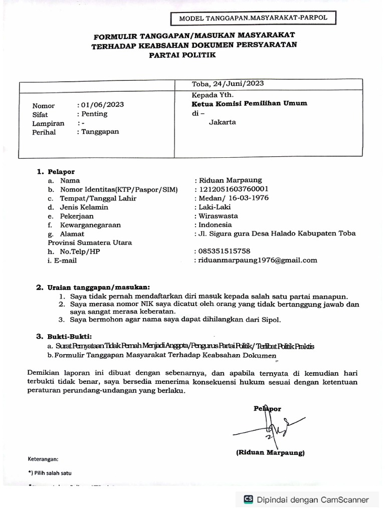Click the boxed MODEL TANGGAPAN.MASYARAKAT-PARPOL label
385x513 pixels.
click(253, 19)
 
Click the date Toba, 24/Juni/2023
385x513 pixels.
click(228, 84)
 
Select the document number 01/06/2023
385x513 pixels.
click(102, 105)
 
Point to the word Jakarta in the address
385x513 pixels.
click(222, 122)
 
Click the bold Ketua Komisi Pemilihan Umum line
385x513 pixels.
click(249, 104)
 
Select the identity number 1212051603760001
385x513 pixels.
click(234, 189)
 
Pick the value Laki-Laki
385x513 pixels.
click(213, 207)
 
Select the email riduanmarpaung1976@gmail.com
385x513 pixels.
click(258, 260)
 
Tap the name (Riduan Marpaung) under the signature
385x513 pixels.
click(270, 452)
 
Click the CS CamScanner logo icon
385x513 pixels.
click(248, 499)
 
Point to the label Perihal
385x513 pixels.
click(44, 132)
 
